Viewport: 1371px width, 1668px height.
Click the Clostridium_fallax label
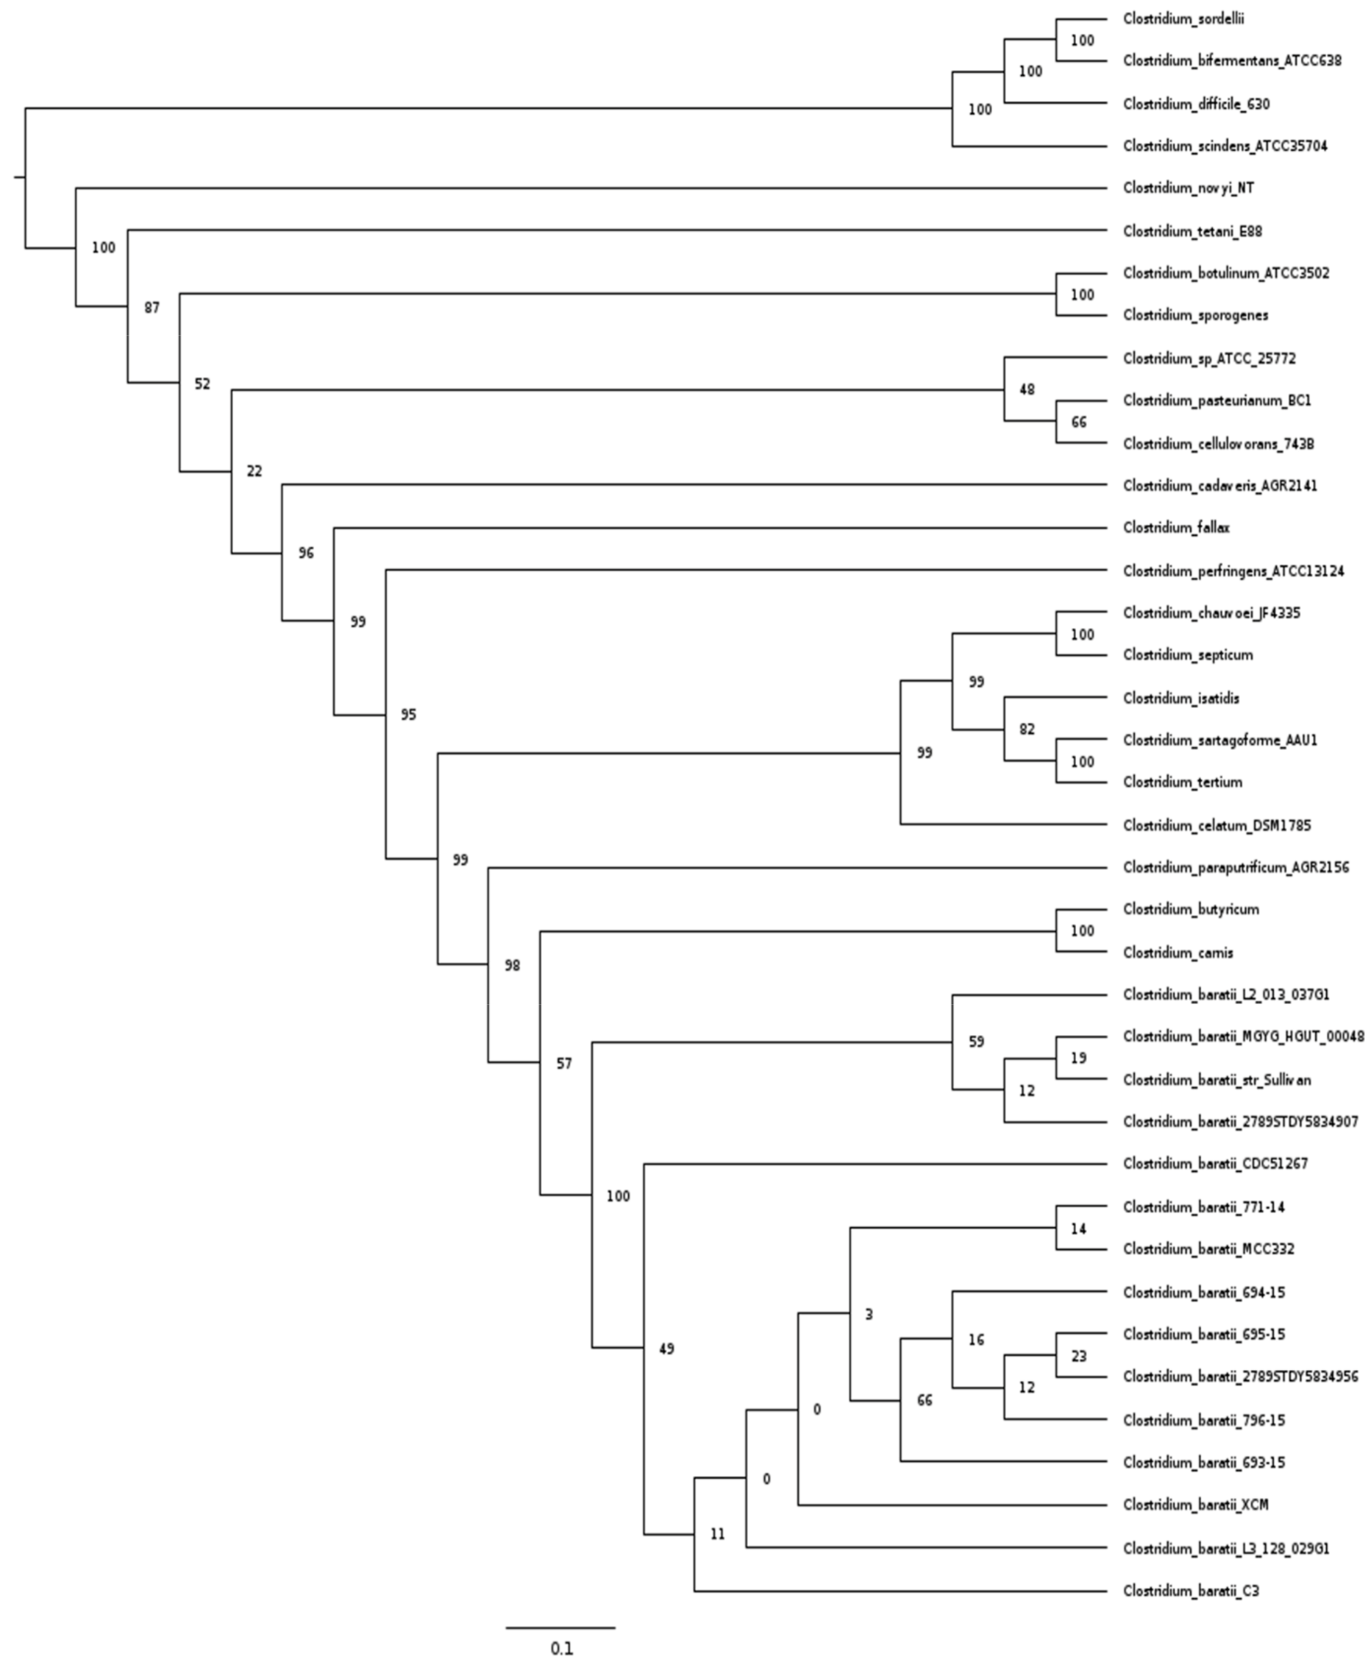point(1176,527)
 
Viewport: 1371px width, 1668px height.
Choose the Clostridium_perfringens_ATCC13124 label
point(1233,570)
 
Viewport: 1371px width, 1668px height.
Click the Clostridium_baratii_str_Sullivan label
point(1217,1080)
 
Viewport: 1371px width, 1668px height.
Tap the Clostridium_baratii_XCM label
point(1195,1505)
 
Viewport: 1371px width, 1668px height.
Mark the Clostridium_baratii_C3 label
point(1190,1591)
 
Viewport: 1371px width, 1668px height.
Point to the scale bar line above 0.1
point(560,1628)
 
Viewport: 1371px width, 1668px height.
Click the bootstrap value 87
point(152,308)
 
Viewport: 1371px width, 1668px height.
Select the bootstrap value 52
point(202,384)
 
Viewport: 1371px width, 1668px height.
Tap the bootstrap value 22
point(254,472)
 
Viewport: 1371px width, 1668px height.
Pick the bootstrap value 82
point(1026,729)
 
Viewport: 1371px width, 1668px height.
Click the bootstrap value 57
point(563,1064)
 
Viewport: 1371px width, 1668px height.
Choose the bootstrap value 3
point(868,1315)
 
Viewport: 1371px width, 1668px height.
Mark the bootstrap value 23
point(1079,1356)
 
